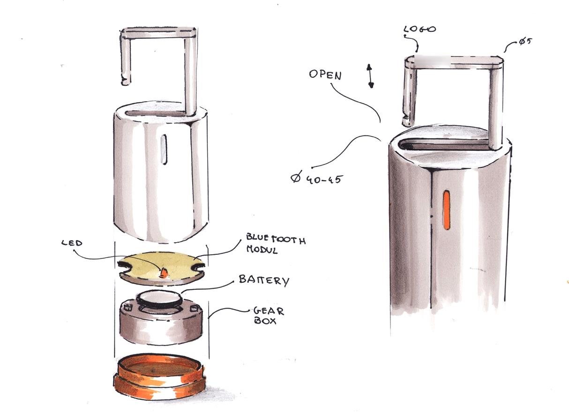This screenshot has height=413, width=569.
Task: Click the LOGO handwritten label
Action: coord(419,29)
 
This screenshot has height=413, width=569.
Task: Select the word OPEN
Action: coord(325,75)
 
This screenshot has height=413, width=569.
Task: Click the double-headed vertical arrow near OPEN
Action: coord(370,76)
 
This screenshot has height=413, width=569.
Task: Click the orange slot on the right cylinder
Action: coord(446,210)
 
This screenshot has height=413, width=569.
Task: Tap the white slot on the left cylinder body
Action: coord(164,149)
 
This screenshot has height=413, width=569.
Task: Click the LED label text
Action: coord(72,243)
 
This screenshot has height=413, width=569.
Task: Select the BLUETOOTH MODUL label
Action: coord(276,243)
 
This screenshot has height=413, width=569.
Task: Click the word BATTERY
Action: coord(264,280)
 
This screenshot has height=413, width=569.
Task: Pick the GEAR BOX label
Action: coord(269,316)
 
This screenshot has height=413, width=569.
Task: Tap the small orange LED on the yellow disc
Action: coord(165,273)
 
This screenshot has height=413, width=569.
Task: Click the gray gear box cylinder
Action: coord(161,320)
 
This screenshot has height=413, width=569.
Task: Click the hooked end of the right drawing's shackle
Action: coord(406,119)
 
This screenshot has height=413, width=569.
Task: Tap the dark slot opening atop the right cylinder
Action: coord(443,145)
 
